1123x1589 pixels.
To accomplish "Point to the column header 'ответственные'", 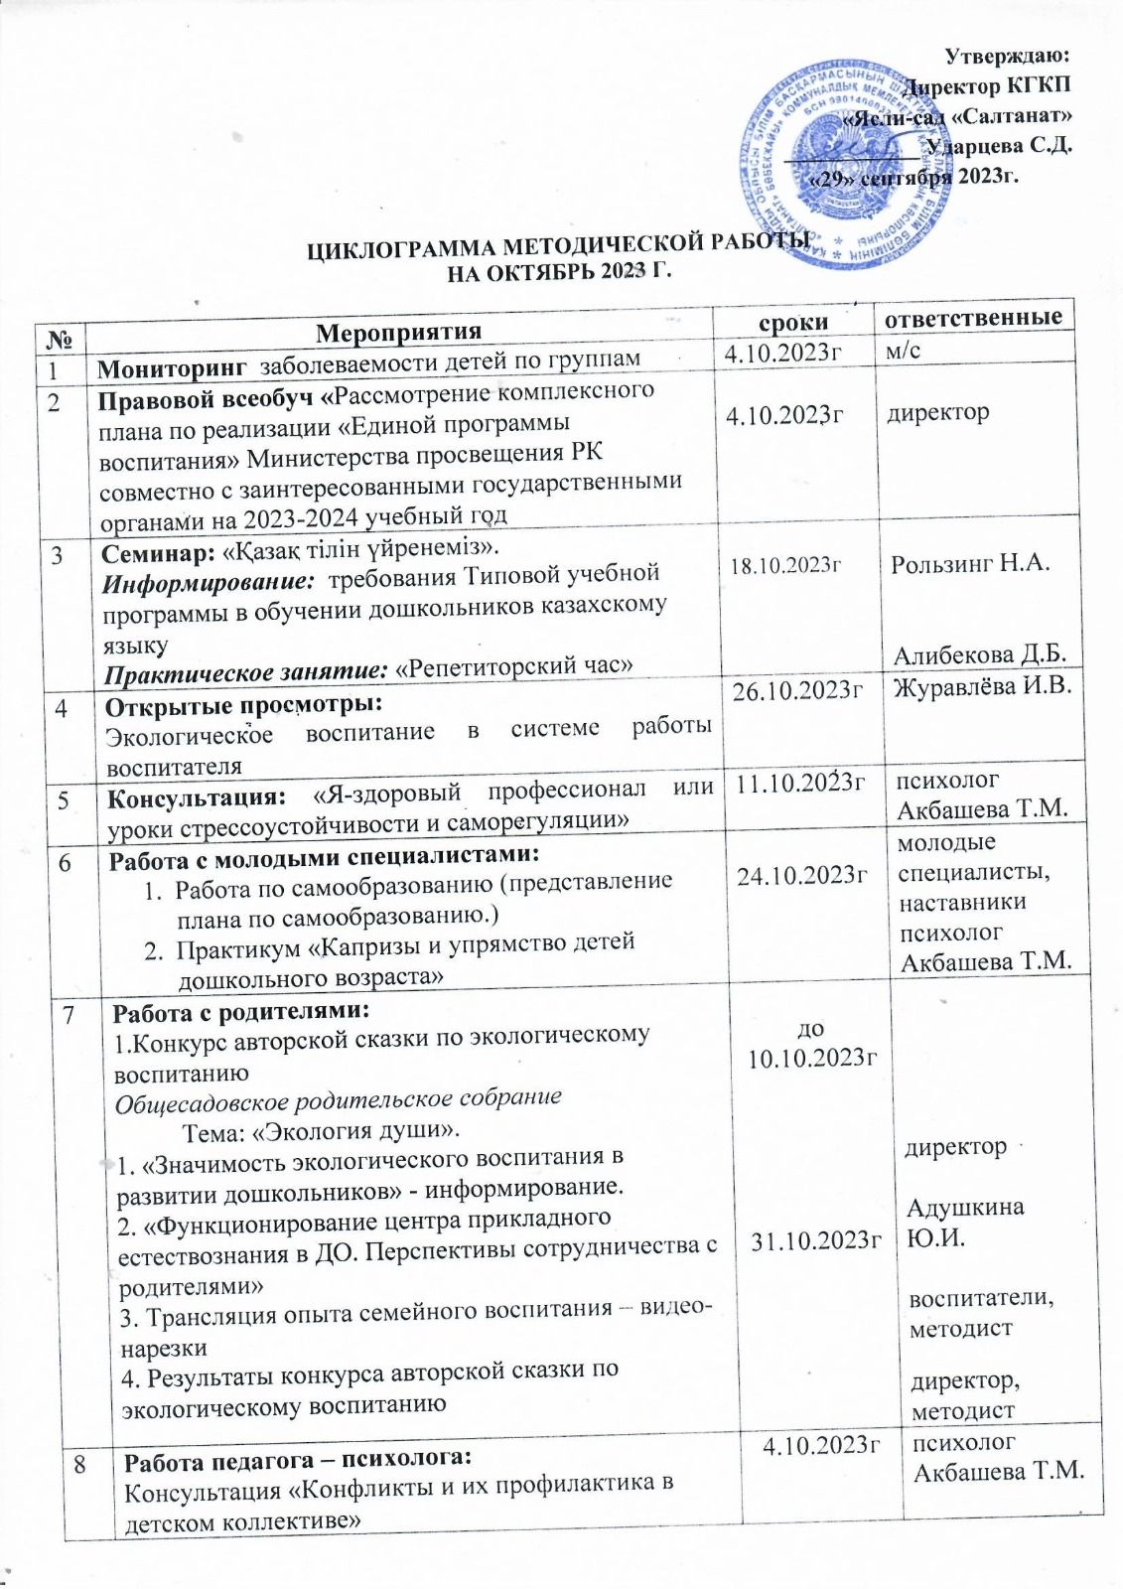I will pyautogui.click(x=973, y=318).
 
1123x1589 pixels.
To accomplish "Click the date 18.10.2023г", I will pyautogui.click(x=786, y=565).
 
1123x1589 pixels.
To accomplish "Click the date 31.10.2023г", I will pyautogui.click(x=817, y=1238).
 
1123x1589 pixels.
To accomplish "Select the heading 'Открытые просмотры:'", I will pyautogui.click(x=243, y=706).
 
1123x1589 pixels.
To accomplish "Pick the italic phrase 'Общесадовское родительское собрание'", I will pyautogui.click(x=339, y=1098).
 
